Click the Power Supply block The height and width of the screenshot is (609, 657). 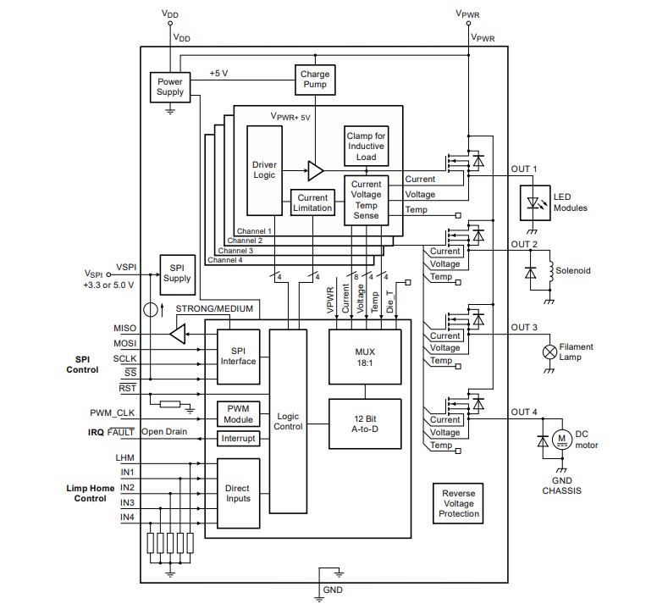point(170,86)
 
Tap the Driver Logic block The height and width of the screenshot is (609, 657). point(265,170)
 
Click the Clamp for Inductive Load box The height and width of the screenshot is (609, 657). point(367,147)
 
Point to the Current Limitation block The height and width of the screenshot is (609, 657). point(312,203)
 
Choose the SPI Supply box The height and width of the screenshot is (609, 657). point(178,273)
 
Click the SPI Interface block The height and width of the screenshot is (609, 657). point(238,356)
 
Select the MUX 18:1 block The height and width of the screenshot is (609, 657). point(365,356)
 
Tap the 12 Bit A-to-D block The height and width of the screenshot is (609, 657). point(365,424)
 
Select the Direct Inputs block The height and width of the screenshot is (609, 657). point(238,494)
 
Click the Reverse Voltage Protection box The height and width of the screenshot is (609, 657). point(458,504)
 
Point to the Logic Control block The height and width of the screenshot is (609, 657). point(288,422)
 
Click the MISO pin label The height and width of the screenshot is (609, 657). point(124,327)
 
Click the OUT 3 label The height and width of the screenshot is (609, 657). point(524,327)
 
